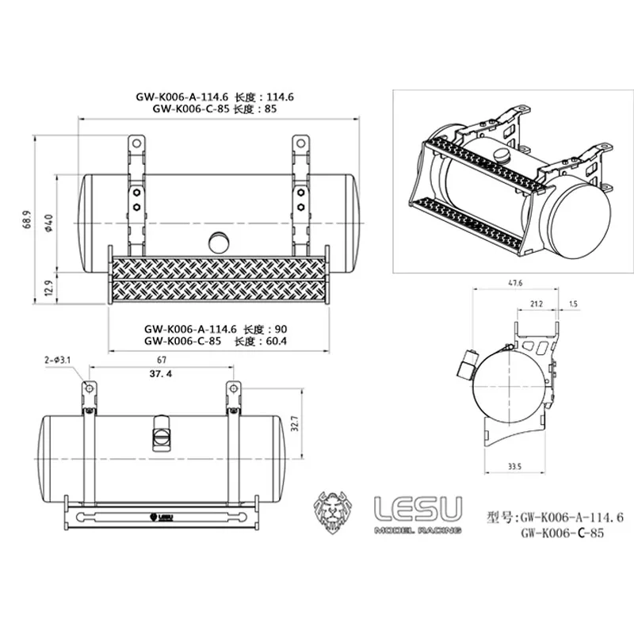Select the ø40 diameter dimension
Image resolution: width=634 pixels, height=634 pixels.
click(49, 223)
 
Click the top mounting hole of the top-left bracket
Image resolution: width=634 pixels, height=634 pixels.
click(136, 144)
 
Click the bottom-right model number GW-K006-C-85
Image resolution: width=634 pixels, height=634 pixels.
click(563, 533)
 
